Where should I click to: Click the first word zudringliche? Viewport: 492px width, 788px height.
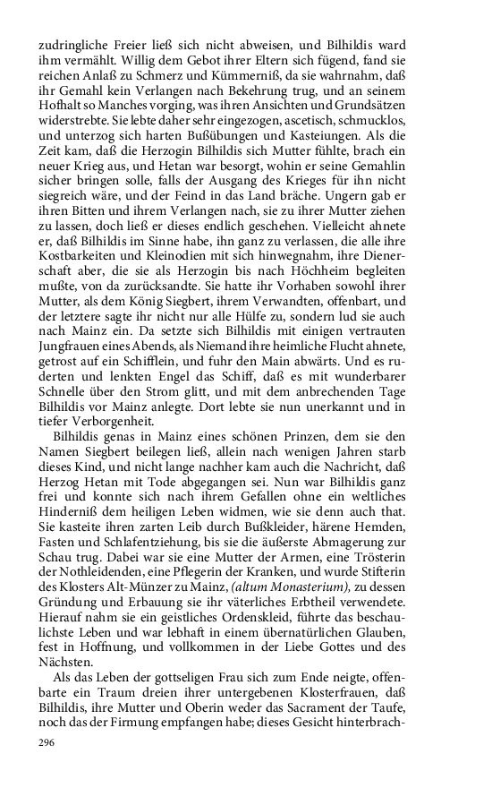[x=72, y=44]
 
